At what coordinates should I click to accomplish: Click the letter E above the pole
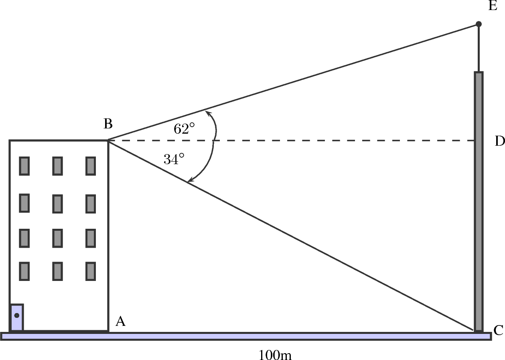[493, 7]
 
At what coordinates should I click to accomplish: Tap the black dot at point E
[479, 24]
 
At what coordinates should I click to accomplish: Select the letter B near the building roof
[107, 124]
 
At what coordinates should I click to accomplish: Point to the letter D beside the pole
[499, 141]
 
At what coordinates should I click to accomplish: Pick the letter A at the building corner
[120, 321]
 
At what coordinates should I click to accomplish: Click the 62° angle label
[184, 128]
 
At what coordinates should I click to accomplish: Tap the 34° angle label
[174, 159]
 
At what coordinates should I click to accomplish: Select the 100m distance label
[275, 355]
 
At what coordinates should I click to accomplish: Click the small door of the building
[16, 317]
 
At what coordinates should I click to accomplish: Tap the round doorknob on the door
[16, 315]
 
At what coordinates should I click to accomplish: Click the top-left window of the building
[24, 166]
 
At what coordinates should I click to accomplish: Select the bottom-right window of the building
[91, 271]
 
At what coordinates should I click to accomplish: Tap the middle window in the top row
[57, 166]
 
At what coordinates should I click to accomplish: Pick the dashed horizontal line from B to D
[321, 140]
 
